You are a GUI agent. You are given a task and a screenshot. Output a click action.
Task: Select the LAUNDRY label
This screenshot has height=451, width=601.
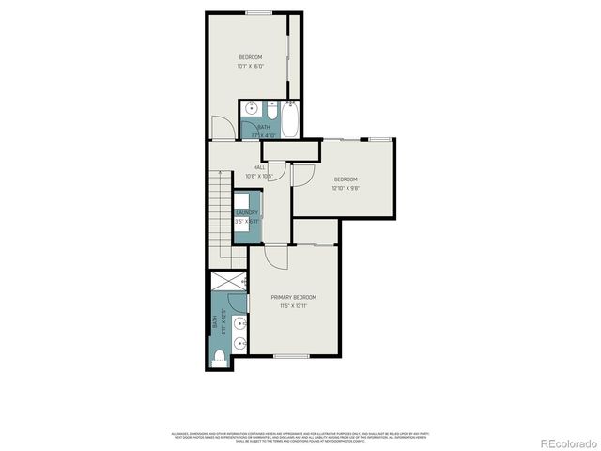click(x=246, y=213)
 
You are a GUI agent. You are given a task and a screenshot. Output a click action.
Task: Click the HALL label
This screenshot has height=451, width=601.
click(x=258, y=167)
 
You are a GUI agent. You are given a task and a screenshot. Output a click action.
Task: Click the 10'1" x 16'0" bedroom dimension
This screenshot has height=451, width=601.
click(x=250, y=66)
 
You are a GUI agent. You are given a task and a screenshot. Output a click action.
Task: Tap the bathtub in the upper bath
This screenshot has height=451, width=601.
click(x=288, y=119)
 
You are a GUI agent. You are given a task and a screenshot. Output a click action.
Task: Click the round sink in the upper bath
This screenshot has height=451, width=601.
click(x=251, y=110)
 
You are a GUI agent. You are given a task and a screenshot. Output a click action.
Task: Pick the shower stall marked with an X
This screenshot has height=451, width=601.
click(x=229, y=280)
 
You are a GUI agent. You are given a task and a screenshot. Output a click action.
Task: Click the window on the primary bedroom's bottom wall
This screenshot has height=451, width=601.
click(x=291, y=356)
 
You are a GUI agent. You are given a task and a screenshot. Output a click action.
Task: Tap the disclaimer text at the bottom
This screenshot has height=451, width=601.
click(x=300, y=436)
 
